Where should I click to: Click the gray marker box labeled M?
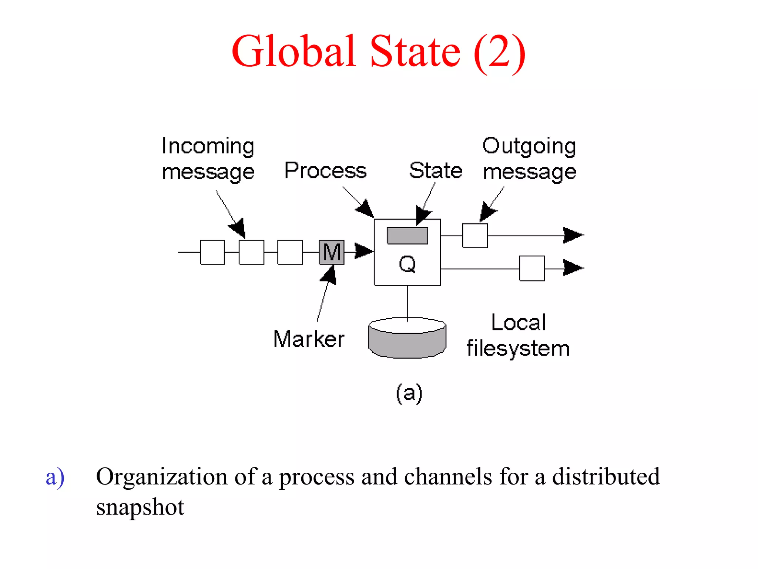(x=331, y=252)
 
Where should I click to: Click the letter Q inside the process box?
(x=407, y=264)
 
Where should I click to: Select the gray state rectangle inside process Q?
(x=407, y=236)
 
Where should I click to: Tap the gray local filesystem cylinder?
(x=407, y=341)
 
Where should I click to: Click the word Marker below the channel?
(x=309, y=339)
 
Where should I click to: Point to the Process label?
(x=325, y=171)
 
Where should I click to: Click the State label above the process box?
(x=436, y=171)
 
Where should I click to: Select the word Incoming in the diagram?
(x=208, y=146)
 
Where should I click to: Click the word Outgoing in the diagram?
(x=529, y=146)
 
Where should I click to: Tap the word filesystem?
(x=518, y=349)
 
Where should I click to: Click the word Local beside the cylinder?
(x=518, y=322)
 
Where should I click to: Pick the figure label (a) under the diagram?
(x=409, y=393)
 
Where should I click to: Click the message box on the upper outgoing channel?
(x=475, y=236)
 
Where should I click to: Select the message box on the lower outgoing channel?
(x=532, y=268)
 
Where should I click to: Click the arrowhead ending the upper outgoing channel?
(x=573, y=235)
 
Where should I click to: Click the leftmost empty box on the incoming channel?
(x=212, y=252)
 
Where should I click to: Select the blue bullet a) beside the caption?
(x=55, y=477)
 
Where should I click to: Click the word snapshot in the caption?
(x=140, y=507)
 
